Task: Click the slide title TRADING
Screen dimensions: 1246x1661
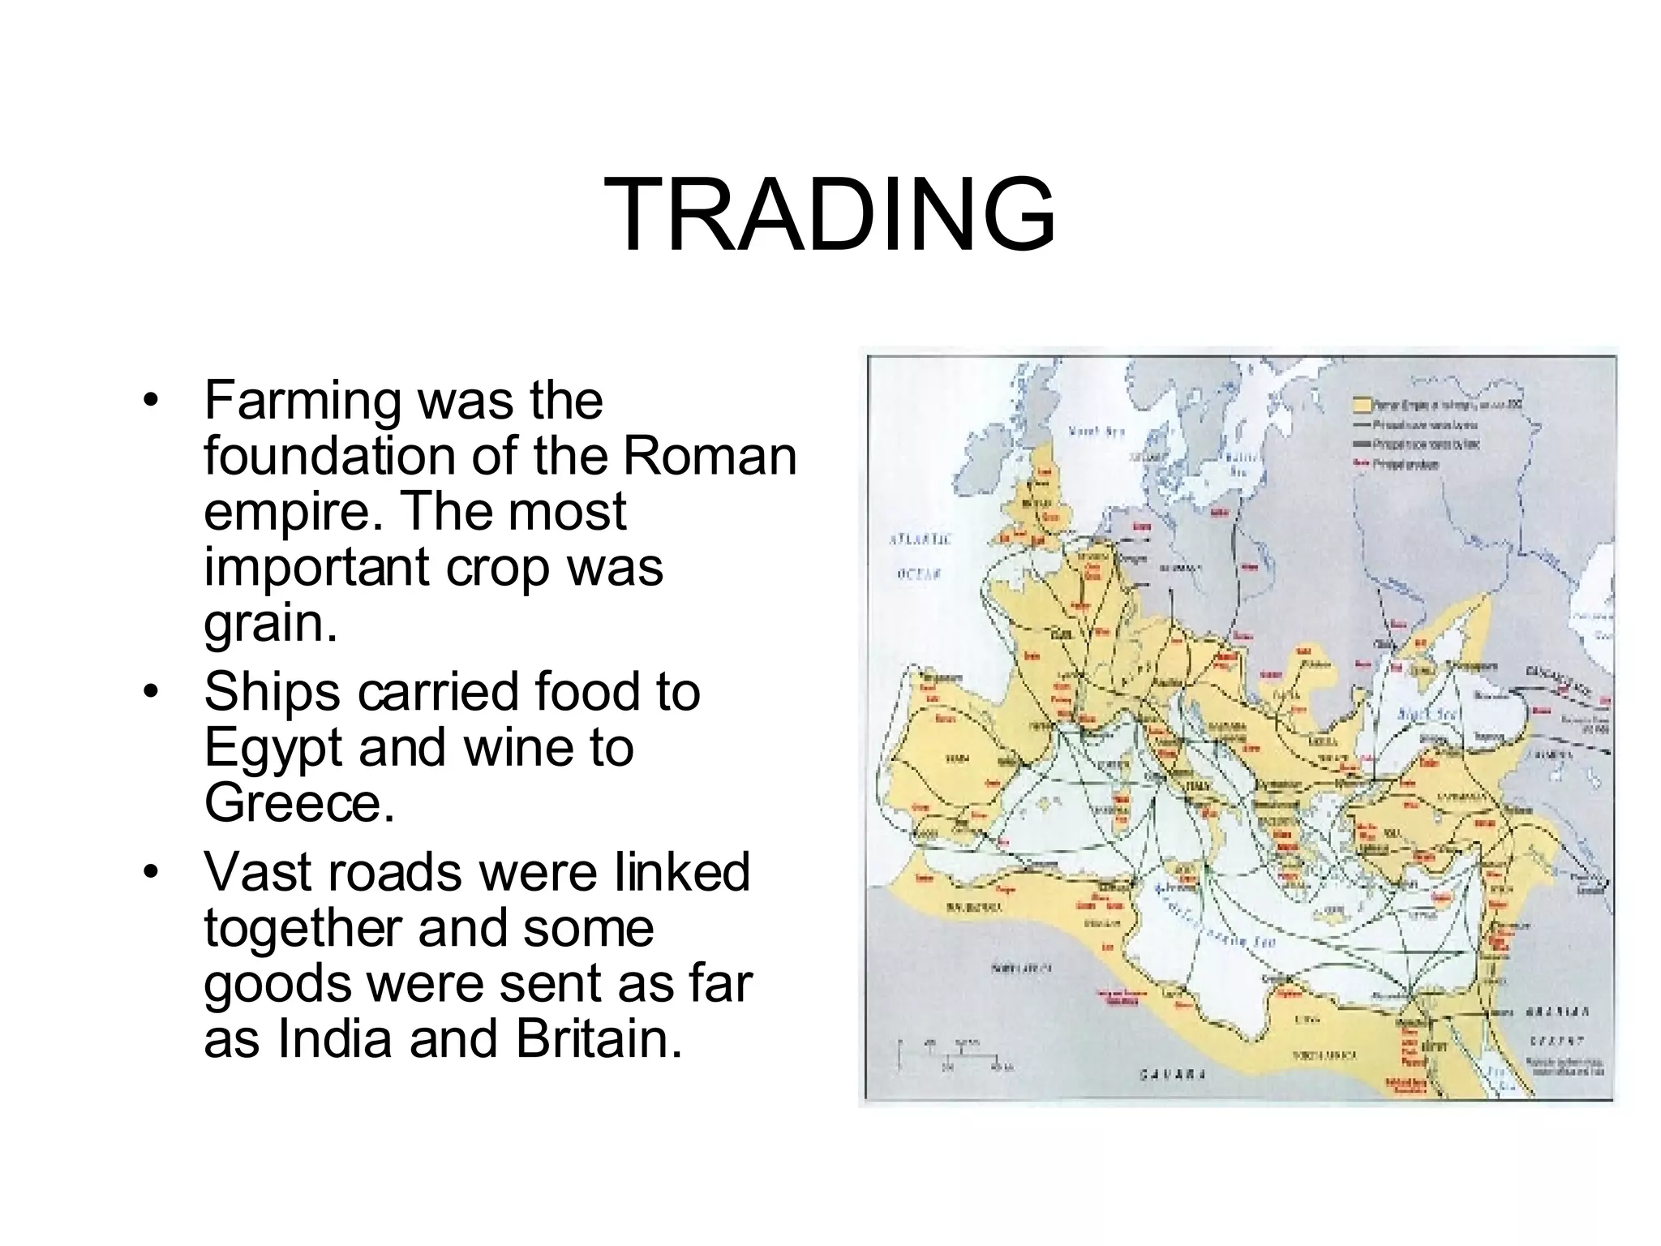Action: point(829,215)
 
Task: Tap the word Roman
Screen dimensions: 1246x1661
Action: point(710,456)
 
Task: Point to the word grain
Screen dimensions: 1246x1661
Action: point(270,623)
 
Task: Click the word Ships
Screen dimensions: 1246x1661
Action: point(272,692)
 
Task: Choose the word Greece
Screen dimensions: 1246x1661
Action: point(298,802)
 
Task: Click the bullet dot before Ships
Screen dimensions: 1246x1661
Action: point(148,694)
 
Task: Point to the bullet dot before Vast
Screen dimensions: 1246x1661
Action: point(148,873)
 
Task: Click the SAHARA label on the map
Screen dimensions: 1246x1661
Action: point(1173,1075)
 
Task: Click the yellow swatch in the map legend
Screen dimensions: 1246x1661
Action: point(1360,404)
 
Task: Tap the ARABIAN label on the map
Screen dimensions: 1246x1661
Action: point(1556,1012)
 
